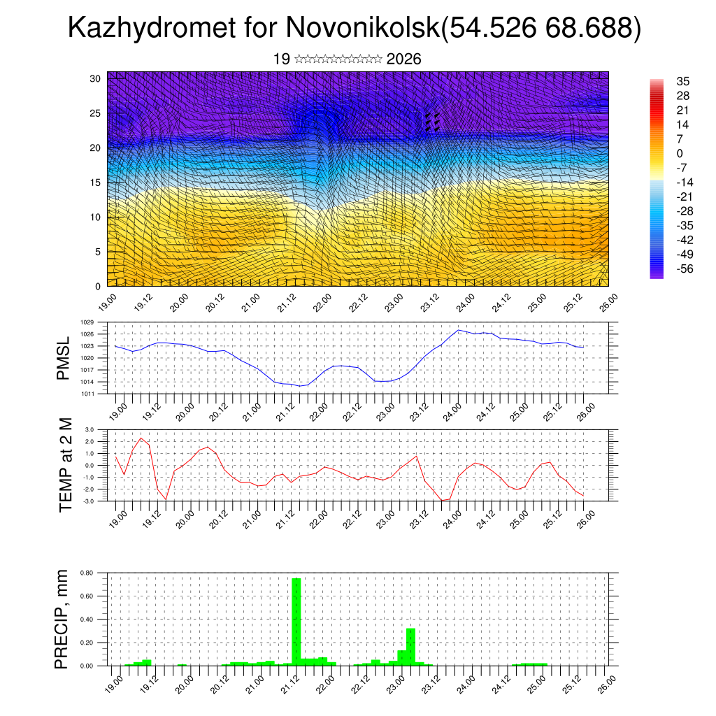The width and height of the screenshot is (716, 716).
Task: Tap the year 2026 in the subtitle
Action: (x=403, y=59)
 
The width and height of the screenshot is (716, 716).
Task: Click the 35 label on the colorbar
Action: (x=683, y=81)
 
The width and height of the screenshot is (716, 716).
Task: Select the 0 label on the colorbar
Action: (x=680, y=153)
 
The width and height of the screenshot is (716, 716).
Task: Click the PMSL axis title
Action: (x=64, y=357)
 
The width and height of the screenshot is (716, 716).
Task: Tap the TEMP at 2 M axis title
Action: (x=65, y=465)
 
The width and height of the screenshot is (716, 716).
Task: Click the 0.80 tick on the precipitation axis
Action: (x=86, y=573)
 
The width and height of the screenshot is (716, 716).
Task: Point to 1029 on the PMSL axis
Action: (x=87, y=322)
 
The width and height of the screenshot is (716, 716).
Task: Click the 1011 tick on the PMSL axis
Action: (x=87, y=394)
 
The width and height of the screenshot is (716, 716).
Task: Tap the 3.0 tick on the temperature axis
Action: (x=89, y=429)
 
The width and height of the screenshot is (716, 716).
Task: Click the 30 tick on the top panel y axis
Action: (x=96, y=78)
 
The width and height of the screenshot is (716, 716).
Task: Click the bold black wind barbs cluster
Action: (x=432, y=122)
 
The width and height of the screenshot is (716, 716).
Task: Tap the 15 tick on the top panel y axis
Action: (x=96, y=182)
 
